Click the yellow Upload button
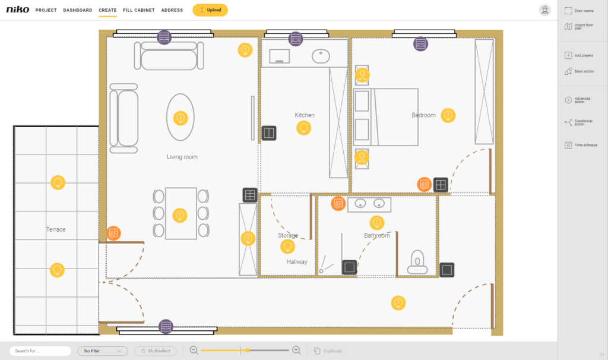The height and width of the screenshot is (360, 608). click(x=210, y=10)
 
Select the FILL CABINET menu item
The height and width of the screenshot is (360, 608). click(x=139, y=10)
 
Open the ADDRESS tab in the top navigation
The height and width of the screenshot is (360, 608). click(x=172, y=10)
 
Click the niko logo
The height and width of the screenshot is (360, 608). click(x=17, y=10)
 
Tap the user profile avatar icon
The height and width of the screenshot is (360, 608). click(x=545, y=10)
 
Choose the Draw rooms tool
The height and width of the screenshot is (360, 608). click(x=579, y=11)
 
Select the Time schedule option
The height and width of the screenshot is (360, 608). click(x=581, y=145)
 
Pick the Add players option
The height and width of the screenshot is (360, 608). click(x=578, y=55)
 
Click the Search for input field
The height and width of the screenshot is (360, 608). click(x=40, y=351)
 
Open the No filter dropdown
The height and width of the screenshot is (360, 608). click(x=103, y=351)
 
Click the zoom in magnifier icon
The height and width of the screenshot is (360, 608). click(x=297, y=350)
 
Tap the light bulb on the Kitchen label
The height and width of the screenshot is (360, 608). click(x=303, y=128)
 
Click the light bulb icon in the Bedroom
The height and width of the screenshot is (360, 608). click(x=448, y=115)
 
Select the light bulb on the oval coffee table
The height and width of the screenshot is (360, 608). click(x=180, y=118)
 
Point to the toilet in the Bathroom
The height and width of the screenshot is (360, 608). click(x=417, y=262)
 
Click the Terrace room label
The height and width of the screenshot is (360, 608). click(x=56, y=229)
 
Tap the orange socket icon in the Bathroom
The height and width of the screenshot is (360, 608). click(x=338, y=203)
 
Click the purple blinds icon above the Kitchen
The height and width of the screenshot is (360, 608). click(x=296, y=39)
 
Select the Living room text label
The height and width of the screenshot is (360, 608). click(x=182, y=157)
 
